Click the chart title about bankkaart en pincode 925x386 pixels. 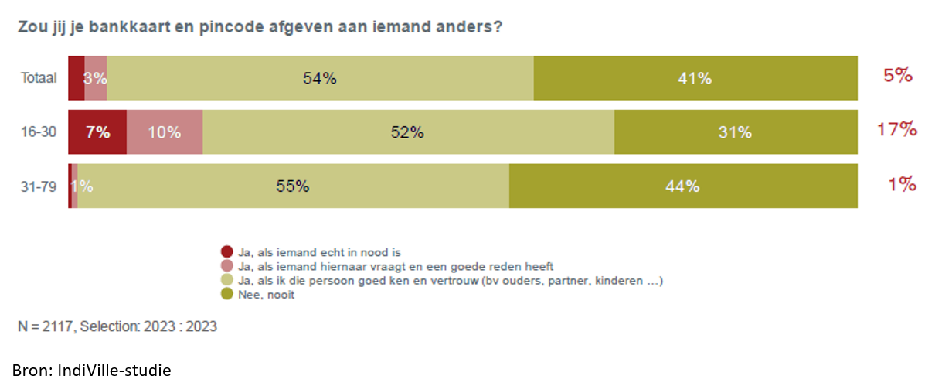[x=260, y=27]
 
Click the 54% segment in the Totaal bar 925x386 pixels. [x=320, y=78]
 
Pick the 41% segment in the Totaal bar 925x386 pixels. [x=695, y=78]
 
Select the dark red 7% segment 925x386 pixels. [x=97, y=132]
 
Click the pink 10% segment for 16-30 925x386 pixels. [x=165, y=132]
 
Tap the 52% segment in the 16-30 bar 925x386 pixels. [x=408, y=132]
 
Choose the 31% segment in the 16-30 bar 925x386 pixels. [x=735, y=132]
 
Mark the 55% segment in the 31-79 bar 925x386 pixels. [x=293, y=186]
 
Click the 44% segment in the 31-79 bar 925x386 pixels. [x=683, y=186]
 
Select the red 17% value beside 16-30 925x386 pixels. [x=896, y=130]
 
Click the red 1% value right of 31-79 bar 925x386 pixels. [x=902, y=184]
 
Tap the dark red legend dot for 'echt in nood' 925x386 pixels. [x=226, y=251]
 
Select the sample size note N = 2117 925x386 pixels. [x=117, y=326]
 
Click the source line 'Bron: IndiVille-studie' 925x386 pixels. [x=91, y=370]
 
